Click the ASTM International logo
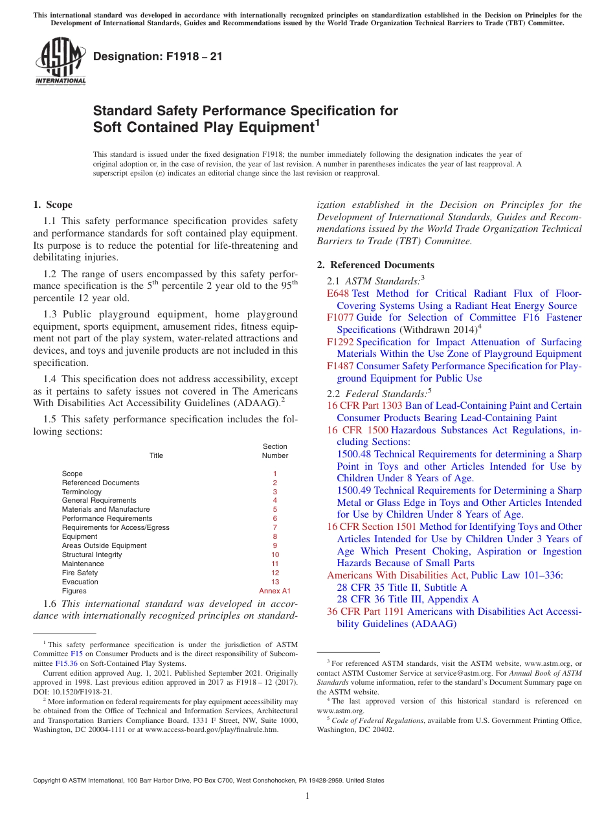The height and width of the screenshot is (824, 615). tap(60, 61)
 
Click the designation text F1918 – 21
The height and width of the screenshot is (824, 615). tap(158, 57)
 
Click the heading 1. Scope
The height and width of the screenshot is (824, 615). tap(53, 205)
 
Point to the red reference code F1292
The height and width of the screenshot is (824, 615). tap(341, 342)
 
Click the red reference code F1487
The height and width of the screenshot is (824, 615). tap(341, 366)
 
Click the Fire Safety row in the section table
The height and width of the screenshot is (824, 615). tap(80, 573)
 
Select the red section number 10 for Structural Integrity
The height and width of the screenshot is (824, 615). tap(275, 555)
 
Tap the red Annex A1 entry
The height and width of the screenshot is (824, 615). tap(275, 591)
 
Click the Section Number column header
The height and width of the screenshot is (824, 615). tap(275, 451)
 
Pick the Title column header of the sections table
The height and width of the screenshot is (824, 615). tap(157, 455)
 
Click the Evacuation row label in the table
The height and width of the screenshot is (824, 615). tap(80, 582)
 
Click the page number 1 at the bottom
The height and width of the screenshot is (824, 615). tap(307, 796)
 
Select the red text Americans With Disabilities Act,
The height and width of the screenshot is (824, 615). tap(397, 575)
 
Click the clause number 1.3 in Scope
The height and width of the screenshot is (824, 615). tap(50, 314)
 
